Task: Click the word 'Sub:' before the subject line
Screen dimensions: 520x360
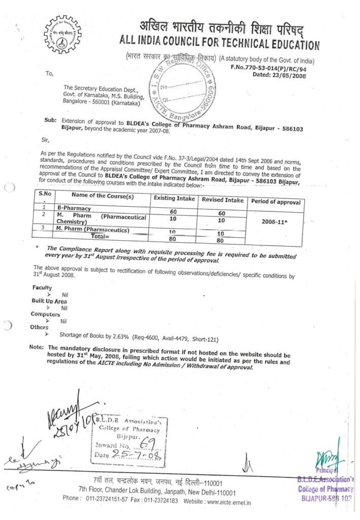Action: tap(50, 122)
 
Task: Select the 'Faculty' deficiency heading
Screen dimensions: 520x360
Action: tap(42, 288)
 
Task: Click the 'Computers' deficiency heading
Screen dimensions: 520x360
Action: tap(45, 314)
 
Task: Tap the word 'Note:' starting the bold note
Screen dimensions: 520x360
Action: tap(37, 347)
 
